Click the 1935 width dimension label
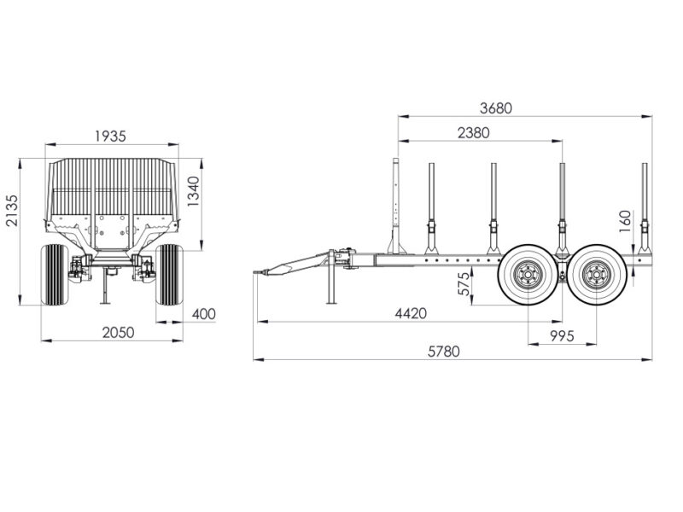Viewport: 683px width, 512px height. (x=111, y=137)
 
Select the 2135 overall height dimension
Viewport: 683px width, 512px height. (x=12, y=210)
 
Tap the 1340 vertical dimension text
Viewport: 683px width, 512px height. (x=193, y=191)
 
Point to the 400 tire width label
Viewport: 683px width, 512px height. (x=204, y=314)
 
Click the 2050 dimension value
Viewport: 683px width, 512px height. (x=118, y=333)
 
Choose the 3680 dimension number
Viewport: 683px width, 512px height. (x=496, y=108)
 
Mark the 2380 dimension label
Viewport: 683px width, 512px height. (x=474, y=133)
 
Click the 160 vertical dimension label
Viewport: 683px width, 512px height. (x=625, y=221)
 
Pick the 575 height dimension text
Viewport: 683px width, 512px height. (x=464, y=284)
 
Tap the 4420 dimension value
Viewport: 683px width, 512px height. (x=411, y=313)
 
